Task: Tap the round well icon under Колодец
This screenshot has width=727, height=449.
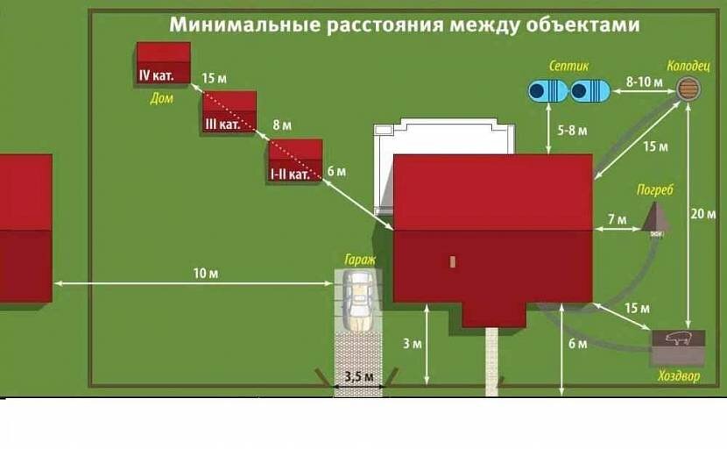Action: (688, 88)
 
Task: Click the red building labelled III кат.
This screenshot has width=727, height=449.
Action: (229, 111)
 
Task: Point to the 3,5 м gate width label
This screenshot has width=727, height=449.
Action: (358, 376)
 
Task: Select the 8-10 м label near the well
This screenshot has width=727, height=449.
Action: (644, 80)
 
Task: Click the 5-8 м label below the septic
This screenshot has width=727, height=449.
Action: (572, 130)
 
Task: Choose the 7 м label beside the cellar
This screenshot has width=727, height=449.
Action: (618, 217)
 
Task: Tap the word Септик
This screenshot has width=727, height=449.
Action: (568, 66)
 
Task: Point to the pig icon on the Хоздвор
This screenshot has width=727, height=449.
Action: (679, 339)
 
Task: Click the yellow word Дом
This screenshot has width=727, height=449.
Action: (162, 98)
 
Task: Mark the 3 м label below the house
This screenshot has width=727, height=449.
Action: (412, 343)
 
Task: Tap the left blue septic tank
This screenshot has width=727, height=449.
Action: (547, 89)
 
